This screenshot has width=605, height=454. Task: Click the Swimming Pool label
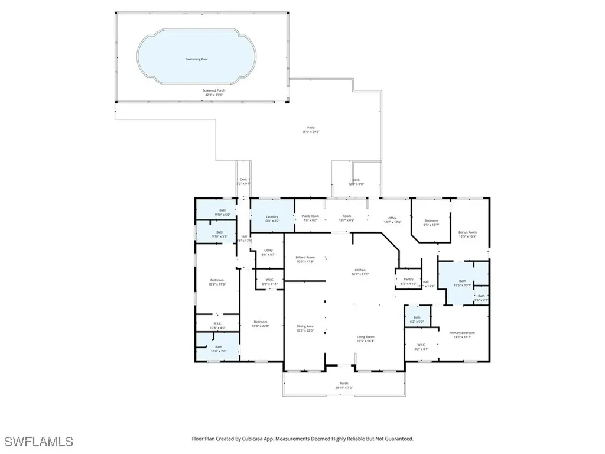pos(197,60)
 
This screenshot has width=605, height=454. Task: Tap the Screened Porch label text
pos(214,91)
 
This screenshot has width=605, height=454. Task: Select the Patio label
pos(310,128)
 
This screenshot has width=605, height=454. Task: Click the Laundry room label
pos(272,217)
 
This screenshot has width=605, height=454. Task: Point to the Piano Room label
pos(310,217)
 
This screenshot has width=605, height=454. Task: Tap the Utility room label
pos(268,251)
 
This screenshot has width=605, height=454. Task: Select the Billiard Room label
pos(305,257)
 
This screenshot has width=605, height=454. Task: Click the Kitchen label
pos(360,270)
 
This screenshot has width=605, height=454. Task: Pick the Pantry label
pos(408,280)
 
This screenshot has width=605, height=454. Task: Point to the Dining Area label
pos(305,326)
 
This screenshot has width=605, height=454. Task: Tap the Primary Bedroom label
pos(462,333)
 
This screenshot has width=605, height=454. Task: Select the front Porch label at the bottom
pos(344,384)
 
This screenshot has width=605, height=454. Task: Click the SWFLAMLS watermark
pos(38,442)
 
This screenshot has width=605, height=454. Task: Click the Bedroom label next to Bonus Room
pos(431,220)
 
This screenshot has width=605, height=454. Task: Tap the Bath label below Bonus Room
pos(463,281)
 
